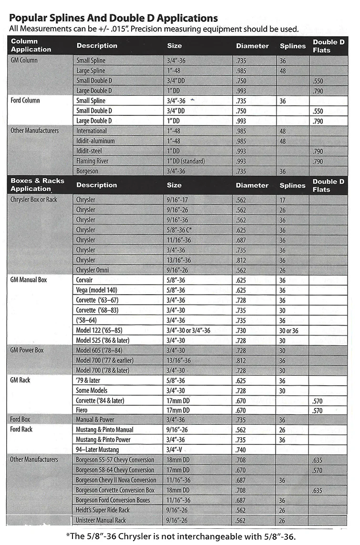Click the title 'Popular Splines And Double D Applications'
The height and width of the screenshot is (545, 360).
(x=113, y=18)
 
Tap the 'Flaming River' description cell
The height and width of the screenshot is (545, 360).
(x=93, y=161)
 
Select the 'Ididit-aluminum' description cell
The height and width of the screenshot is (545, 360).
(x=95, y=141)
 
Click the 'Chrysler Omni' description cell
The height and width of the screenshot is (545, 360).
(x=93, y=270)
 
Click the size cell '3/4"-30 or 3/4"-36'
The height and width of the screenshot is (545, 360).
(x=188, y=330)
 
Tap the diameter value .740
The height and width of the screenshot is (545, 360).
(x=242, y=450)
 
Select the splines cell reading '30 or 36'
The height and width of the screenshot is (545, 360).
(x=289, y=330)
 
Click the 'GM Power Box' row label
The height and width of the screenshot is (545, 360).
(x=27, y=350)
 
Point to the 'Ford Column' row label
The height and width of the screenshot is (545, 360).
(x=25, y=101)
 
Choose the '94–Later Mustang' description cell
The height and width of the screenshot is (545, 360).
(x=98, y=450)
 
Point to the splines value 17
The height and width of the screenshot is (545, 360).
(x=282, y=200)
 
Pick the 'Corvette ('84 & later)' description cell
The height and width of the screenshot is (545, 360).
(x=100, y=400)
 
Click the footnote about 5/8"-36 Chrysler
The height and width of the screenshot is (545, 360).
(x=181, y=535)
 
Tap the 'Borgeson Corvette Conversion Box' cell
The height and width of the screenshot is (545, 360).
(x=115, y=490)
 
